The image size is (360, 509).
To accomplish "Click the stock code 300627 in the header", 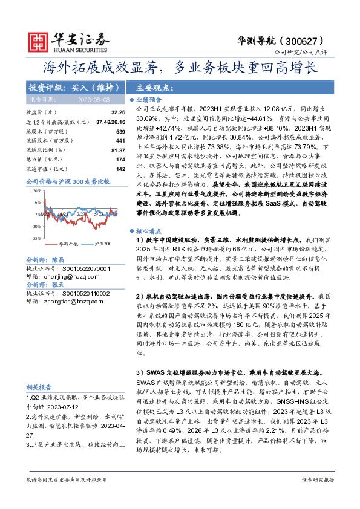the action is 307,41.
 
